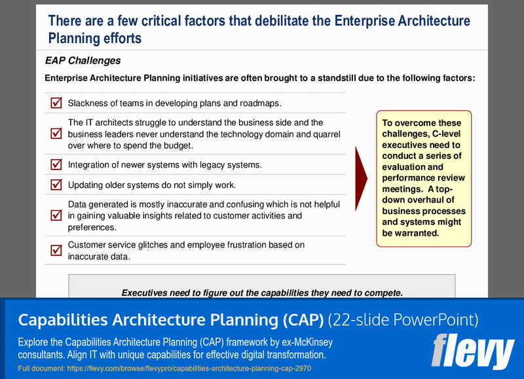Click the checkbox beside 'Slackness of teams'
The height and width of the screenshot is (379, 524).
[x=56, y=103]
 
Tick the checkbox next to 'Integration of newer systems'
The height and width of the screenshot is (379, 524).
[x=56, y=165]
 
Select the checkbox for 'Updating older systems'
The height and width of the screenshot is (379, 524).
[x=56, y=185]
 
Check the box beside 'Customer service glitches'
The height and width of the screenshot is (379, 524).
[x=56, y=250]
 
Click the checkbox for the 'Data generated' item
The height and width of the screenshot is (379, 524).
[x=56, y=215]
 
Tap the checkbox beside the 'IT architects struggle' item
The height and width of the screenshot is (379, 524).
[x=56, y=134]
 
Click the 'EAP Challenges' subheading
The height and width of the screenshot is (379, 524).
[x=83, y=61]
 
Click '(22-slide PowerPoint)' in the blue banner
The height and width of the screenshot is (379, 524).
[x=403, y=320]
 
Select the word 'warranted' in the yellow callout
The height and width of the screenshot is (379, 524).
[x=417, y=233]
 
